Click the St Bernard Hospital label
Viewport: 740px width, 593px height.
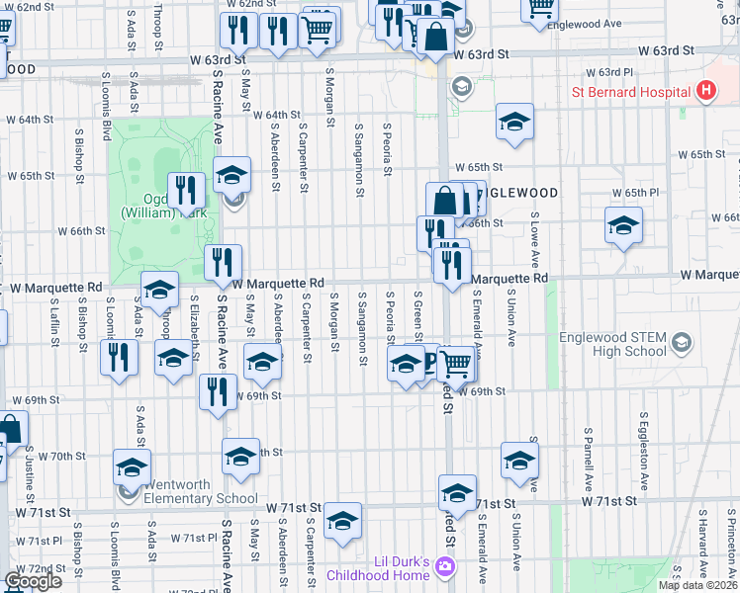631,93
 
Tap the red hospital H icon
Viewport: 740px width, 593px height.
705,93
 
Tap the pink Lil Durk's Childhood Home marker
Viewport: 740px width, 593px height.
445,568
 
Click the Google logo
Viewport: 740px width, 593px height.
33,581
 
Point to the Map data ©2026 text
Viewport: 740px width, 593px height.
697,585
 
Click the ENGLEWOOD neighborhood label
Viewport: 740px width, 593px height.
517,193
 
